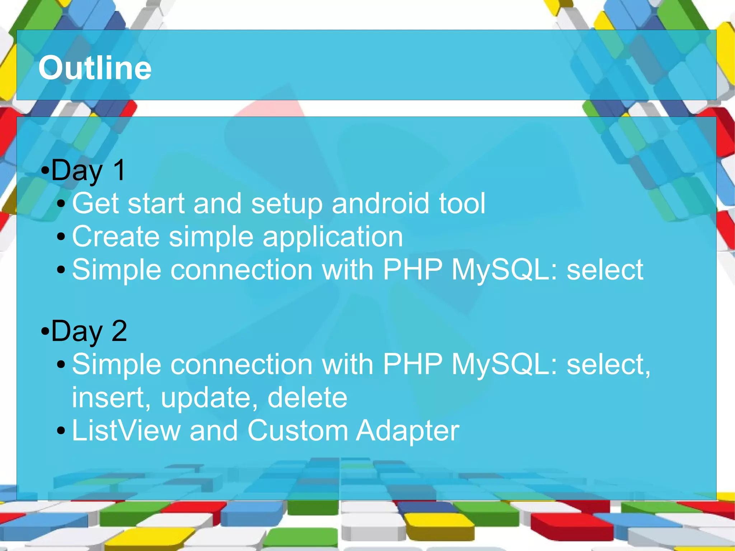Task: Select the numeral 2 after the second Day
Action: [x=119, y=331]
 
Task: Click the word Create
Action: [x=116, y=237]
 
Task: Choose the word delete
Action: [x=307, y=397]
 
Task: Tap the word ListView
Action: [x=126, y=430]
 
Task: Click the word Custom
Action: [x=298, y=430]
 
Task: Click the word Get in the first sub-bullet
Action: [x=95, y=203]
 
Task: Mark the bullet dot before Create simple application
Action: [x=61, y=237]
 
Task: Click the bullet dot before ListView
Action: [x=61, y=430]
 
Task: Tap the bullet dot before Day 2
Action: [x=45, y=331]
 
